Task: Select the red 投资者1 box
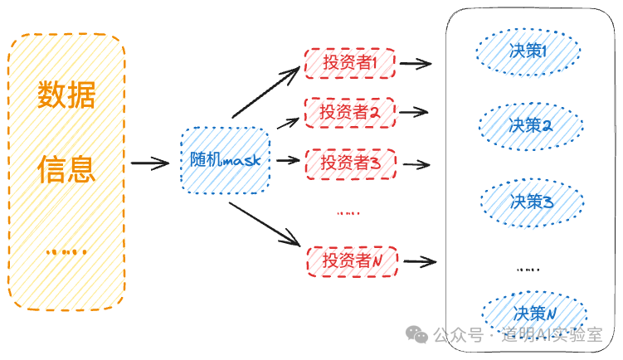(350, 62)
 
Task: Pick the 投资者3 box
(350, 163)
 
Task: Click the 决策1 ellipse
(528, 51)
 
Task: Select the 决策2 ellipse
(530, 126)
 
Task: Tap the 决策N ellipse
(533, 314)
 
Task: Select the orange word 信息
(66, 170)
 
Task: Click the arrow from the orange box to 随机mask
(149, 163)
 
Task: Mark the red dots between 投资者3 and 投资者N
(348, 213)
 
